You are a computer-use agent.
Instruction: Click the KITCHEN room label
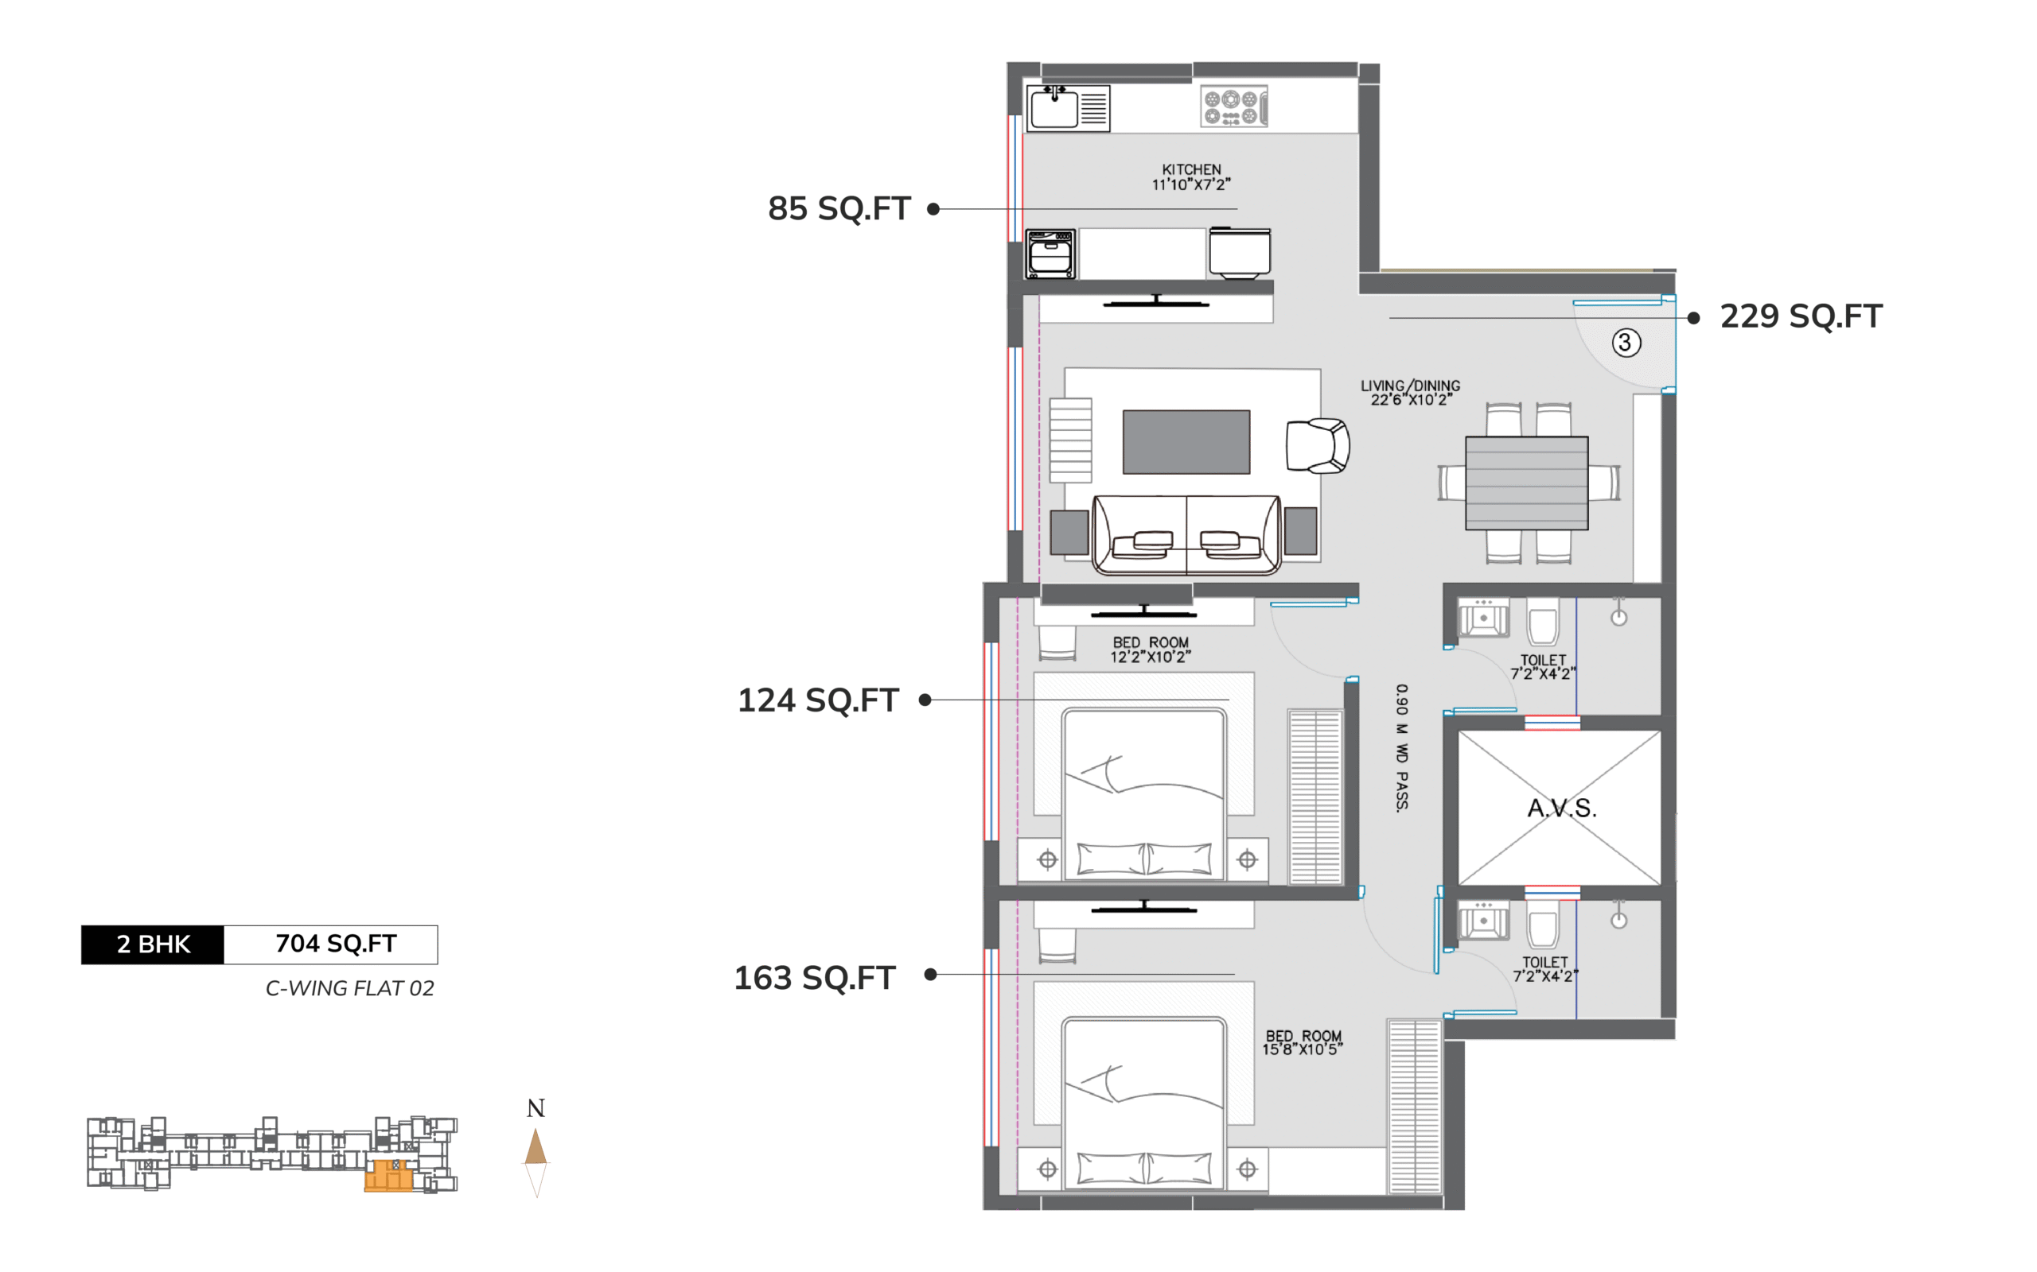click(1191, 169)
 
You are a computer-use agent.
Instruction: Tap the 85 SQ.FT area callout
click(839, 208)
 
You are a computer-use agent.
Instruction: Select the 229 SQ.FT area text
click(1801, 316)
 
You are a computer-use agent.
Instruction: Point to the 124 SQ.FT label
click(818, 700)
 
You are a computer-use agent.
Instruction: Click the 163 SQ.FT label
click(815, 978)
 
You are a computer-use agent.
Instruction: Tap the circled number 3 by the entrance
click(1626, 343)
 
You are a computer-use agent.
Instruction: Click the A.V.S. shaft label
click(1561, 809)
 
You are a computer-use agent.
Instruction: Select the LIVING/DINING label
click(1411, 386)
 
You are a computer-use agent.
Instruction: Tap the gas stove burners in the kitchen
click(1233, 107)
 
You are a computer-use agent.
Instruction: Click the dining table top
click(1527, 483)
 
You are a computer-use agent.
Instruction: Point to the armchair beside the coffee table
click(1318, 446)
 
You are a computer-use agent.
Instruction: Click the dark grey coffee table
click(1186, 443)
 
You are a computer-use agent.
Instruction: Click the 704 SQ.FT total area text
click(336, 944)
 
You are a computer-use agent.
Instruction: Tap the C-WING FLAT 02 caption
click(350, 988)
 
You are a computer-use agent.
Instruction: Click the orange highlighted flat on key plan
click(389, 1175)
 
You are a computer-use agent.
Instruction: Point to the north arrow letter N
click(536, 1108)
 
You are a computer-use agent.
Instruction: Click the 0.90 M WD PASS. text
click(1401, 748)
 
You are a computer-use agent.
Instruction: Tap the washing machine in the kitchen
click(1050, 254)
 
